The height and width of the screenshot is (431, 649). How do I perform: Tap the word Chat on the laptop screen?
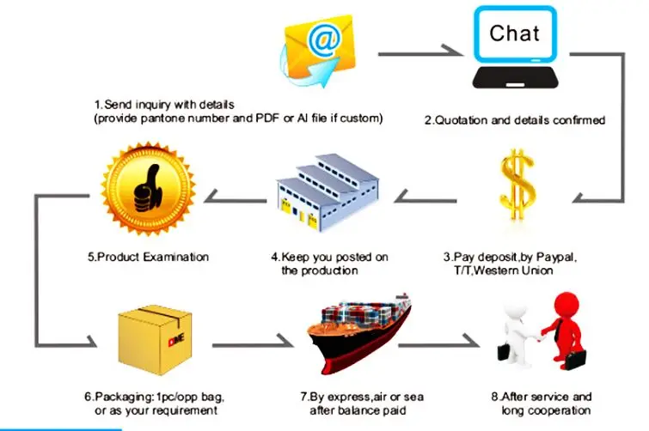tap(515, 33)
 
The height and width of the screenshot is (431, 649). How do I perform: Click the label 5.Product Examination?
tap(147, 256)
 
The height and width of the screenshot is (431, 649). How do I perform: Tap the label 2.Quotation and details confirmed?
tap(515, 120)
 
